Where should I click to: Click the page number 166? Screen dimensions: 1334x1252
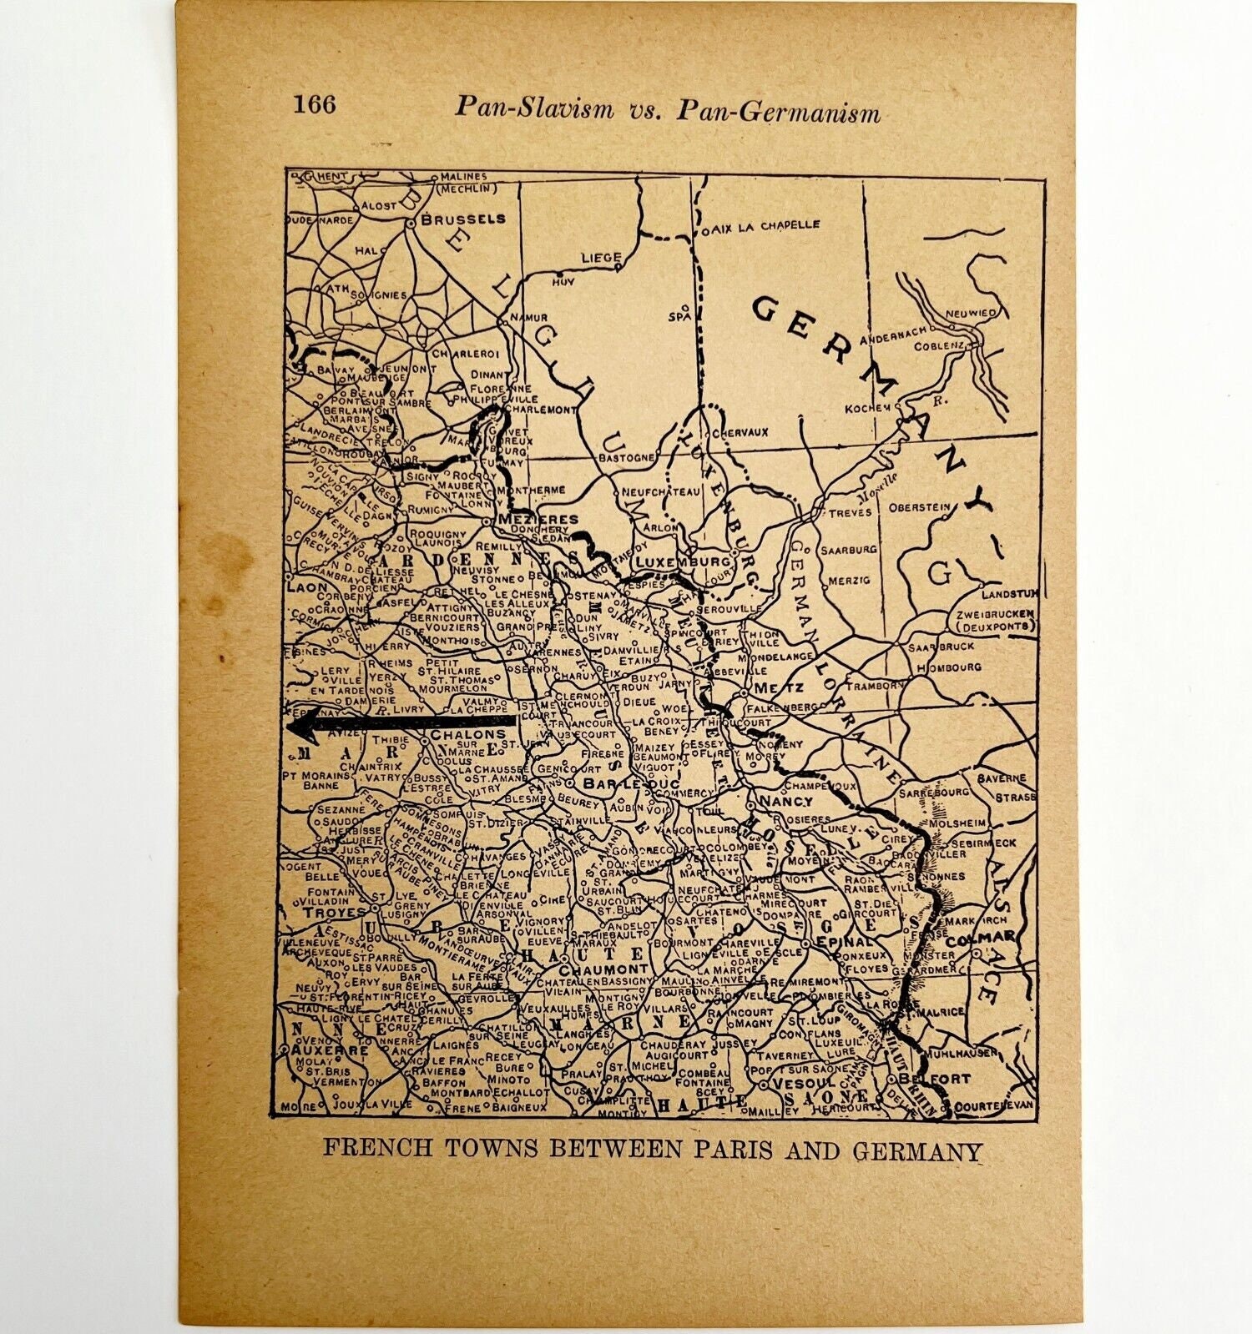point(315,105)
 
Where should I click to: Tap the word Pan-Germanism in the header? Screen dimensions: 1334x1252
point(778,109)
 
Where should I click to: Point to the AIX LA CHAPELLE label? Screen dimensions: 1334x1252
point(766,225)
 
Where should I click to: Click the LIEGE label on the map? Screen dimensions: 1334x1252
point(602,258)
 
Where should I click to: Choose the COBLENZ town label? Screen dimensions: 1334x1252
point(939,345)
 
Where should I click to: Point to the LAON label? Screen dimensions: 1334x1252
point(296,586)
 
